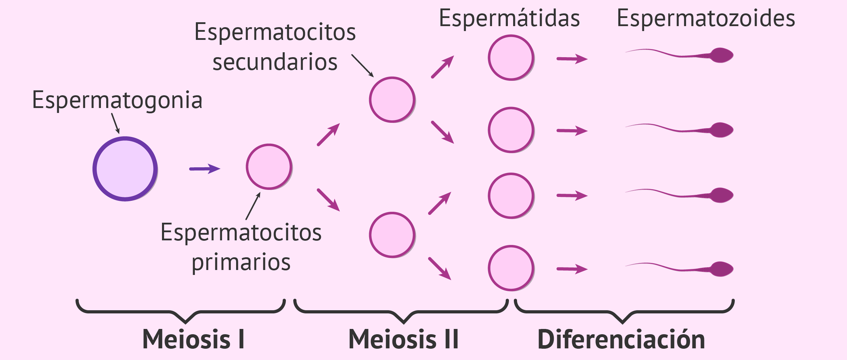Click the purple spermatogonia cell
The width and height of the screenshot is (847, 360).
coord(125,169)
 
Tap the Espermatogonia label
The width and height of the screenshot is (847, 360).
coord(117,100)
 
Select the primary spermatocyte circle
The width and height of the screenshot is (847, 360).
coord(269,167)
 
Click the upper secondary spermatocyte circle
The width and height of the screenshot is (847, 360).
coord(392,100)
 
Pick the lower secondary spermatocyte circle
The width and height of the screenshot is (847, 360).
coord(392,235)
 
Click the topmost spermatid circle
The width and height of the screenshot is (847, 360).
coord(511,58)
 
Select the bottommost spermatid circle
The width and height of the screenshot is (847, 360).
coord(511,268)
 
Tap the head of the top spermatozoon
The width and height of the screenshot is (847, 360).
coord(722,55)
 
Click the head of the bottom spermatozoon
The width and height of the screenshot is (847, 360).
coord(722,269)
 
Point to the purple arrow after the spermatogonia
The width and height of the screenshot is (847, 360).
coord(205,169)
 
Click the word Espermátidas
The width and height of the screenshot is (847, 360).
coord(509,18)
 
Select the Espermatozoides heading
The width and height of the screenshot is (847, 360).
coord(706,18)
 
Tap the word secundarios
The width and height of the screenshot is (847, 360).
coord(275,62)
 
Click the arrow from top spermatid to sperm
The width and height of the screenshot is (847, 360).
coord(572,59)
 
